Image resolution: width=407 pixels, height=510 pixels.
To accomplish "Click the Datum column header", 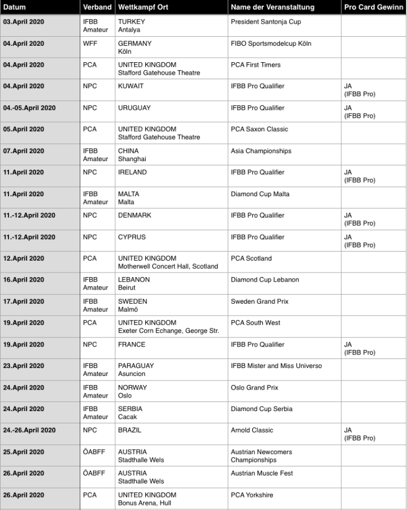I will pos(15,7).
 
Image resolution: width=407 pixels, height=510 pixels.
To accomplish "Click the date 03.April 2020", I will pos(24,22).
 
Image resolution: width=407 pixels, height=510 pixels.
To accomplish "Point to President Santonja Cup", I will pos(266,22).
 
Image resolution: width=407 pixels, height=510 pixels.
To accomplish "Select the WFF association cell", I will pos(89,44).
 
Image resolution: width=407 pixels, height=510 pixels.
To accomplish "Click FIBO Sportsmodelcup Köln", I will pos(271,44).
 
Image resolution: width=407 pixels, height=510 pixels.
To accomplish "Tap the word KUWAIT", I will pos(131,87).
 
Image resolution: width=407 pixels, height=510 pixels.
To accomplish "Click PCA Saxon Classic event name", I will pos(259,129).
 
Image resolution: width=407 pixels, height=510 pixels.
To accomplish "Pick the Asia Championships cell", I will pos(261,151).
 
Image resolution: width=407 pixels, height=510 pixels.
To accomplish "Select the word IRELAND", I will pos(132,172).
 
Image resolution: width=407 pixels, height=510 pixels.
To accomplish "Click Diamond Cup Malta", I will pos(259,194).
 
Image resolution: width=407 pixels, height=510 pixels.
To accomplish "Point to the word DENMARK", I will pos(135,215).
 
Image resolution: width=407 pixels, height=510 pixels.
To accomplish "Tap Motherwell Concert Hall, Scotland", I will pos(168,266).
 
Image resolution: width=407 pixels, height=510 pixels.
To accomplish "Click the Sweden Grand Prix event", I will pos(259,301).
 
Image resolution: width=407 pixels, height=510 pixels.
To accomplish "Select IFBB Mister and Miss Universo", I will pos(276,366).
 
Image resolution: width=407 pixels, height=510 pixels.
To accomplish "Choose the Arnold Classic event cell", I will pos(252,430).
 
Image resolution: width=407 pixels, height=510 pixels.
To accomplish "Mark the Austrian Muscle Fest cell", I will pos(262,473).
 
